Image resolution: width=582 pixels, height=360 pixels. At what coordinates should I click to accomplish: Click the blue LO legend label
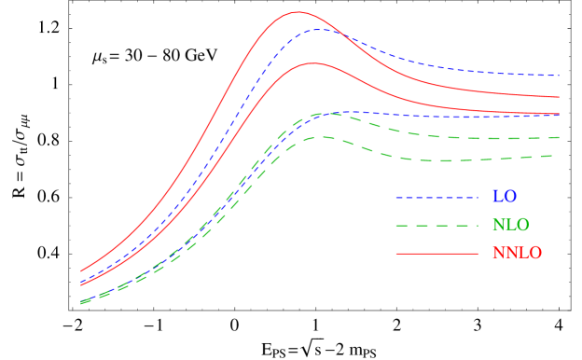(x=504, y=198)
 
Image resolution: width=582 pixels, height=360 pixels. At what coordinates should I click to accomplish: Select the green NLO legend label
(x=510, y=226)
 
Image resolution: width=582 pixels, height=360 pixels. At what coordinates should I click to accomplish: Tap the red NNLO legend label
(x=517, y=254)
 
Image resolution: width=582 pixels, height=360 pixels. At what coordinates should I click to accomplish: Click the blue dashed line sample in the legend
(x=436, y=198)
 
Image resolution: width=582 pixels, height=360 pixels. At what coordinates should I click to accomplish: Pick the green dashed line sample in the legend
(x=436, y=226)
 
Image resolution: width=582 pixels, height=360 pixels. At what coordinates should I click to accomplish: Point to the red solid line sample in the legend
(x=436, y=254)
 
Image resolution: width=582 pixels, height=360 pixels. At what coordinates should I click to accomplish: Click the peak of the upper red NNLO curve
(x=298, y=12)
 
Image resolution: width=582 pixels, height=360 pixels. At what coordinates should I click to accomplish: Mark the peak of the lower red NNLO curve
(x=313, y=63)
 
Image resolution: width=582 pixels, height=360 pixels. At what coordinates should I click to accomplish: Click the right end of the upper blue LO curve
(x=559, y=75)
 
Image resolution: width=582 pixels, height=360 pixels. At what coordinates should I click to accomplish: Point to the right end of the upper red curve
(x=559, y=97)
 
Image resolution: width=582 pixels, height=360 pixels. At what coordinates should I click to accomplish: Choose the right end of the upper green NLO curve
(x=559, y=137)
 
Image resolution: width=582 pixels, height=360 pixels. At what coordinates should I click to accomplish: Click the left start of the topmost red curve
(x=81, y=270)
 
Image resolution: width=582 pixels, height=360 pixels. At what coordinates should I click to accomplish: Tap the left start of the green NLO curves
(x=81, y=302)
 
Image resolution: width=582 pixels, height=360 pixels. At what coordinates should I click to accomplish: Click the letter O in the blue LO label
(x=510, y=198)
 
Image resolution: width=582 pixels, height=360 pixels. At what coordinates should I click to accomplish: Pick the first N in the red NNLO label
(x=497, y=254)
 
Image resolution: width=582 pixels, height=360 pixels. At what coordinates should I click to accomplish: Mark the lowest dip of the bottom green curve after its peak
(x=438, y=160)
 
